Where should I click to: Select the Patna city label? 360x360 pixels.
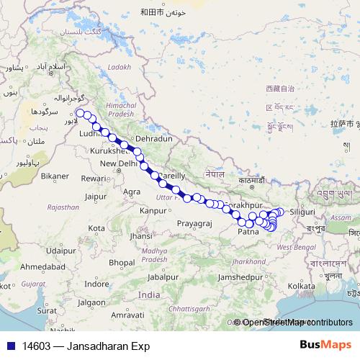(248, 232)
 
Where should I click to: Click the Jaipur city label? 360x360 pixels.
(95, 195)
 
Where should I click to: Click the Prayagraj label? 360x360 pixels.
(194, 224)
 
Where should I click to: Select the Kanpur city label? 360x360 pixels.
(153, 210)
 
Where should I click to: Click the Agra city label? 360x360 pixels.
(132, 192)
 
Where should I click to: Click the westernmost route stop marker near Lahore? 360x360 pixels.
(78, 112)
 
